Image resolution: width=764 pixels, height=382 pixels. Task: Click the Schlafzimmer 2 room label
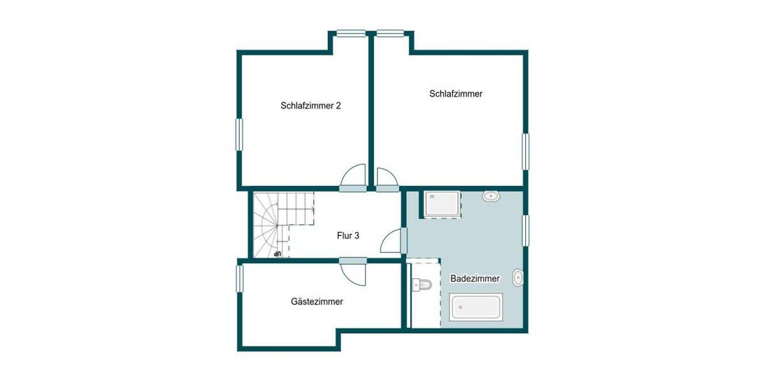311,106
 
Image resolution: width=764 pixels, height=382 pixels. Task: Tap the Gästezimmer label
317,302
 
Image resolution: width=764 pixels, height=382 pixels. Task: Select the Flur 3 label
348,236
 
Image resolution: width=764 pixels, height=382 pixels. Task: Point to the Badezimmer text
475,278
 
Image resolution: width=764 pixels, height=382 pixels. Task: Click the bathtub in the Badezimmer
476,307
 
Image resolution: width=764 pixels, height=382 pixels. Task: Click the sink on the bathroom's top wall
491,196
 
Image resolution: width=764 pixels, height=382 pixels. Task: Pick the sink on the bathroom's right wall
518,278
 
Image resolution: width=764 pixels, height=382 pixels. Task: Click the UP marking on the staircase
277,254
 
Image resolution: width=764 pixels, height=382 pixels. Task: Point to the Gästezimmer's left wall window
240,278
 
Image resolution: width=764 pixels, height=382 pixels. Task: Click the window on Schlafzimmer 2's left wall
240,134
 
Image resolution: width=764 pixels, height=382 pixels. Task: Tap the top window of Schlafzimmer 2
351,34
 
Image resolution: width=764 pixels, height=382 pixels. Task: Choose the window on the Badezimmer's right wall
526,230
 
